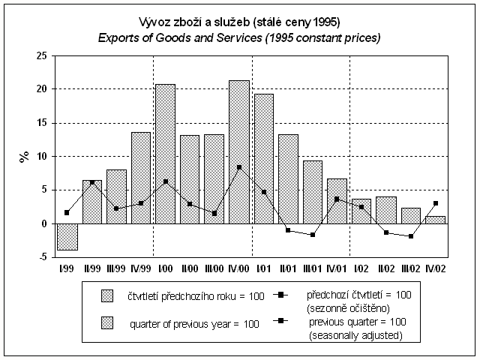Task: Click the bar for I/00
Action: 165,154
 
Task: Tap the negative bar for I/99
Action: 67,236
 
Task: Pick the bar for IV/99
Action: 141,178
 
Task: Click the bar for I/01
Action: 264,158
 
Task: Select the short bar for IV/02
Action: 436,220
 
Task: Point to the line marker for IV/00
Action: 239,167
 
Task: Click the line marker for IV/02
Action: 436,203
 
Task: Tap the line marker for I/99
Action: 67,213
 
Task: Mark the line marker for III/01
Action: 313,235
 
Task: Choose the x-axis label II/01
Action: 288,266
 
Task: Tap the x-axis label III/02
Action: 410,266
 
